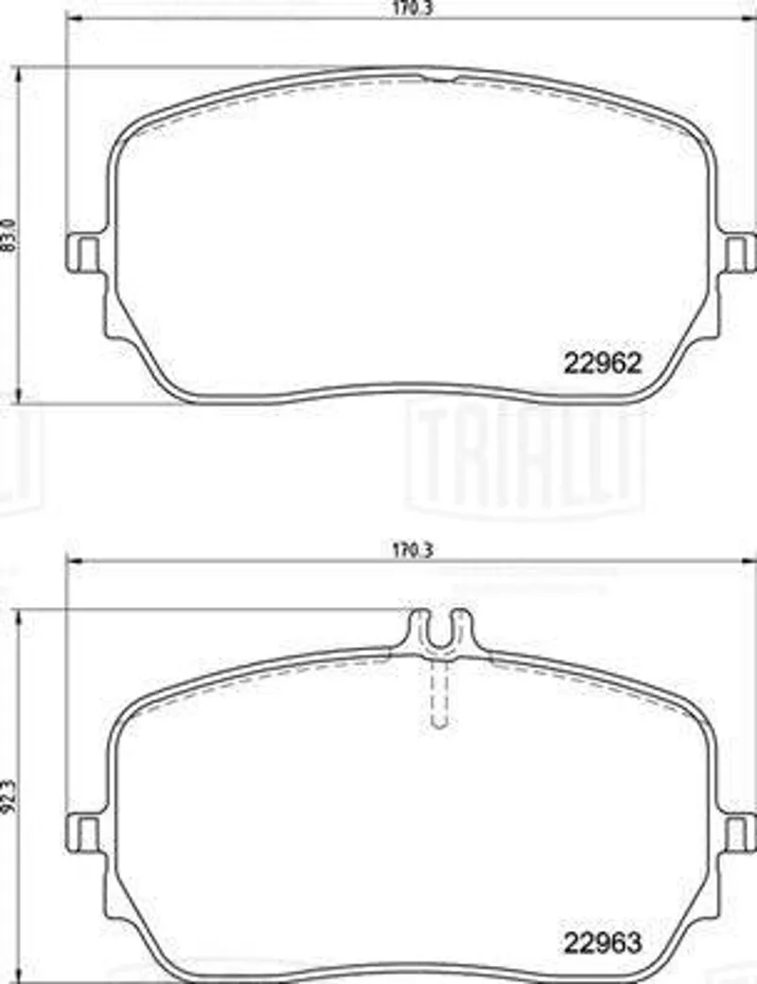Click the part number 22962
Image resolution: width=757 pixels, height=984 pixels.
(603, 363)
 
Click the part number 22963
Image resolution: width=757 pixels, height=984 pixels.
(603, 942)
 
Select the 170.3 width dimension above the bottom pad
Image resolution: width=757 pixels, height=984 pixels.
(413, 550)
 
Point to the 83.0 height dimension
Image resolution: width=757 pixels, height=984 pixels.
(8, 235)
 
